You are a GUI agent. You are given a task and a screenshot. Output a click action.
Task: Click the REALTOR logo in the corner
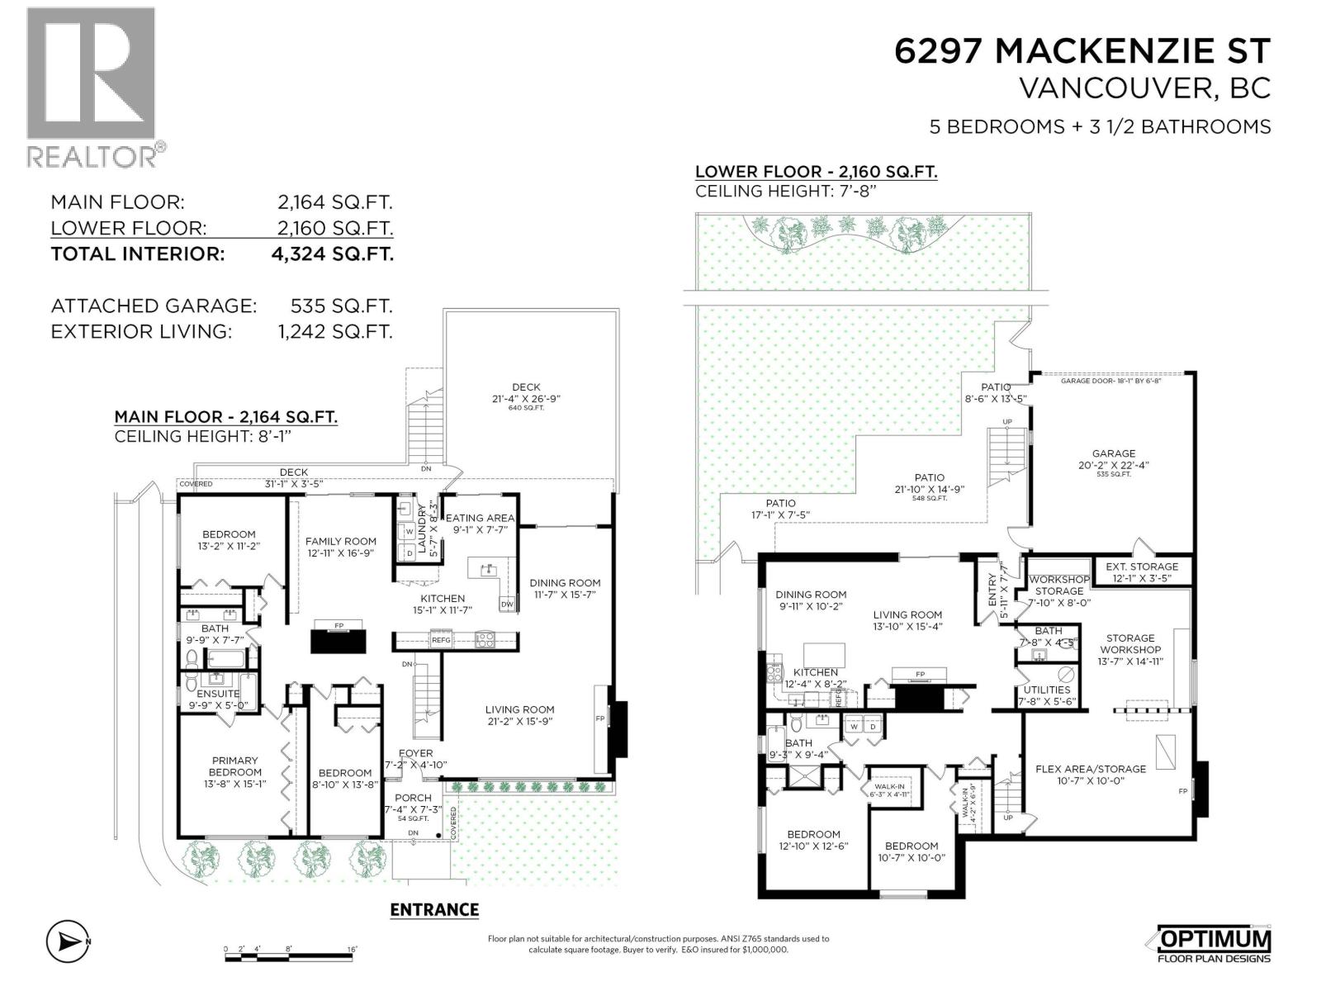click(91, 87)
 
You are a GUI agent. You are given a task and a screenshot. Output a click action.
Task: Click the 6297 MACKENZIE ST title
click(1082, 51)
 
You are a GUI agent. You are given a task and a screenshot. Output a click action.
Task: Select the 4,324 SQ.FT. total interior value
click(332, 254)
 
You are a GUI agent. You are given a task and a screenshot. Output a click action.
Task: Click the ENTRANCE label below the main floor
click(434, 909)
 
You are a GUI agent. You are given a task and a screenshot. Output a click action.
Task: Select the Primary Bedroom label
click(235, 766)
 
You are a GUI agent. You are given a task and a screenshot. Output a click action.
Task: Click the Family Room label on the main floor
click(341, 542)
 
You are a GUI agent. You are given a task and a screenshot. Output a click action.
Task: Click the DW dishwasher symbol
click(507, 605)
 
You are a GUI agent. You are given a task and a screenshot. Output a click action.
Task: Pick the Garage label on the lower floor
click(1114, 453)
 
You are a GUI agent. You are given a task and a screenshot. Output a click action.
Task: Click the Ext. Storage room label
click(1142, 567)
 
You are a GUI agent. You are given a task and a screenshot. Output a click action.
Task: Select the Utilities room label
click(1047, 690)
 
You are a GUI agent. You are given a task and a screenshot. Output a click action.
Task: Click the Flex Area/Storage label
click(1091, 769)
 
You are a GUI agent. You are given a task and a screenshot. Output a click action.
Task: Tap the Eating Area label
click(480, 518)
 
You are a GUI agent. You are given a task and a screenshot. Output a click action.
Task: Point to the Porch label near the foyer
click(413, 798)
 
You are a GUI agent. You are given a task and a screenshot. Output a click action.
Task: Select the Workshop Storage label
click(1059, 586)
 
